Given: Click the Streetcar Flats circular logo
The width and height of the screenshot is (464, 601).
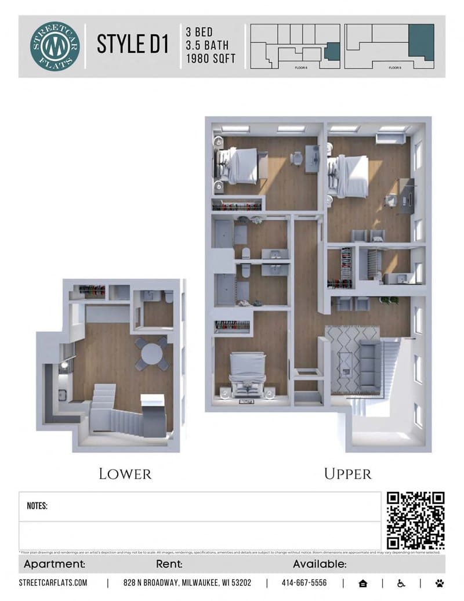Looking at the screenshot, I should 55,46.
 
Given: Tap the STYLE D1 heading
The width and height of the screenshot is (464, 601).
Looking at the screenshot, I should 133,45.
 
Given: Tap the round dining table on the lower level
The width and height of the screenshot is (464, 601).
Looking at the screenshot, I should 152,353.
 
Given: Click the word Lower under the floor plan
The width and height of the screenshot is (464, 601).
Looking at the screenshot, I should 125,474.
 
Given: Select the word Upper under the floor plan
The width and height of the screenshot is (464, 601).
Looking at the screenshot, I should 347,474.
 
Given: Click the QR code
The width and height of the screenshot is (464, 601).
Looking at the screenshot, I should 415,520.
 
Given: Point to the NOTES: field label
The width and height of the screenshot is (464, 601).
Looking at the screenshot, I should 37,506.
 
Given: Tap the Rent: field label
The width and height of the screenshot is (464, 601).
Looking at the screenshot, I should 169,564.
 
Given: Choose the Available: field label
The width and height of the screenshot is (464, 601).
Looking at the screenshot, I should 320,564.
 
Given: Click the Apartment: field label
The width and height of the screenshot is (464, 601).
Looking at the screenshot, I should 55,564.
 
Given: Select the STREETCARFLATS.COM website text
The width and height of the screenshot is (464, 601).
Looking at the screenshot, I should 53,582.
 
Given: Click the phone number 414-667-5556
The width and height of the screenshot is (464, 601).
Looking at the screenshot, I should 304,582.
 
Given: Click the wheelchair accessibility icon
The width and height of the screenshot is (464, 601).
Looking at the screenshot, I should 401,582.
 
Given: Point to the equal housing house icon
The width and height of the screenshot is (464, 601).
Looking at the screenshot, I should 363,582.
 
